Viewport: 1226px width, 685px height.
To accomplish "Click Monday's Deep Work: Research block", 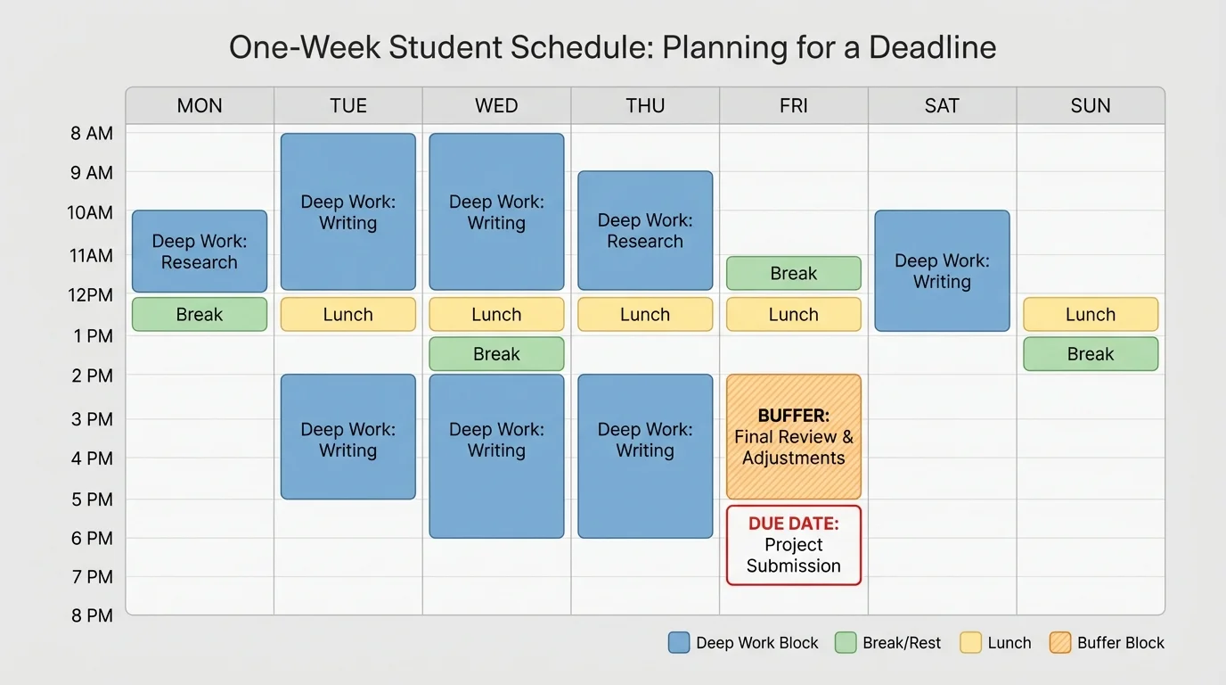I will click(x=200, y=252).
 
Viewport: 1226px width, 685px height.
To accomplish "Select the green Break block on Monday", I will click(x=200, y=315).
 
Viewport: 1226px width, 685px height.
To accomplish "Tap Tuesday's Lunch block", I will click(x=348, y=315).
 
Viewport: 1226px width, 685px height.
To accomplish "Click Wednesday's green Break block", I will click(x=496, y=354).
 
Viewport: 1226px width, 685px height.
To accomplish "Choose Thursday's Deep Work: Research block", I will click(x=645, y=230).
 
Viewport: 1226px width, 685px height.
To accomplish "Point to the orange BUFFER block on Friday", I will click(x=794, y=437).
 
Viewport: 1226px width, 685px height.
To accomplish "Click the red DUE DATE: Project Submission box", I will click(x=794, y=545).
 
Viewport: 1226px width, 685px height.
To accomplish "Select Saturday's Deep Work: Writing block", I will click(x=942, y=271).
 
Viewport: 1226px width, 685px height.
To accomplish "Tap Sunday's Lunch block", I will click(x=1091, y=315).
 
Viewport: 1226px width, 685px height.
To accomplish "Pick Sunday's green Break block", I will click(x=1091, y=354).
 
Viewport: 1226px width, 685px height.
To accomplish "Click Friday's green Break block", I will click(x=794, y=274).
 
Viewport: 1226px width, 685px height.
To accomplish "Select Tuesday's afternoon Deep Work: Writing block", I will click(x=348, y=437).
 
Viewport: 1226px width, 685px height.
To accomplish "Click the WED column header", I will click(x=496, y=106).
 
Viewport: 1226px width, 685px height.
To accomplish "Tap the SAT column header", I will click(x=942, y=106).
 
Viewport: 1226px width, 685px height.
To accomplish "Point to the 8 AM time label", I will click(x=93, y=134).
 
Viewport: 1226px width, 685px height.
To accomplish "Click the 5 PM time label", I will click(x=93, y=499).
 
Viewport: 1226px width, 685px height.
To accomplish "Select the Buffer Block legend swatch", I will click(x=1060, y=643).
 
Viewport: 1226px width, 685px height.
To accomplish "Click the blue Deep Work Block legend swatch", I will click(x=679, y=643).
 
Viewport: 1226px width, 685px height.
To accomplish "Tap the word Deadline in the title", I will click(x=932, y=47).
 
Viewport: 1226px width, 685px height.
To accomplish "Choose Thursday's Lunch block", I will click(x=645, y=315).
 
